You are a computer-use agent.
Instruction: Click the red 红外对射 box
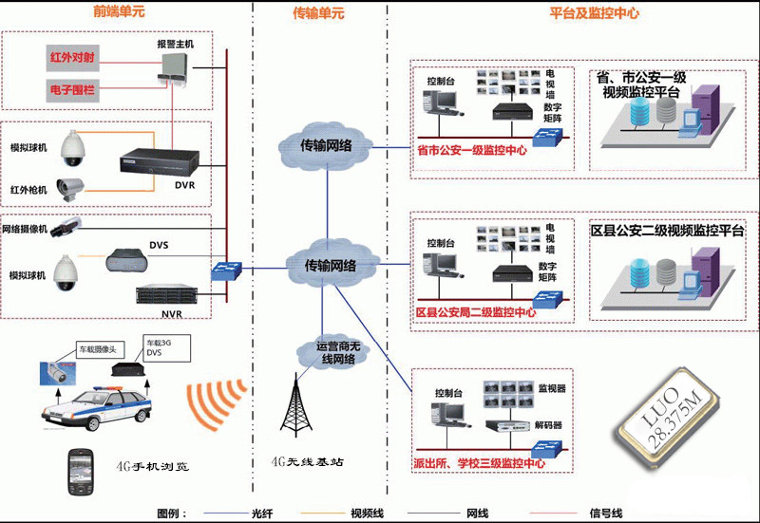pyautogui.click(x=72, y=56)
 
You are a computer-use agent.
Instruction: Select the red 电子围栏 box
pyautogui.click(x=72, y=91)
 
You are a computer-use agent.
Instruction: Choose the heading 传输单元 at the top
pyautogui.click(x=319, y=13)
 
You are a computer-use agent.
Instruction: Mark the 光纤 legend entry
pyautogui.click(x=262, y=514)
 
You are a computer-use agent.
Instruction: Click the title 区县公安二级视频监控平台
pyautogui.click(x=668, y=230)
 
